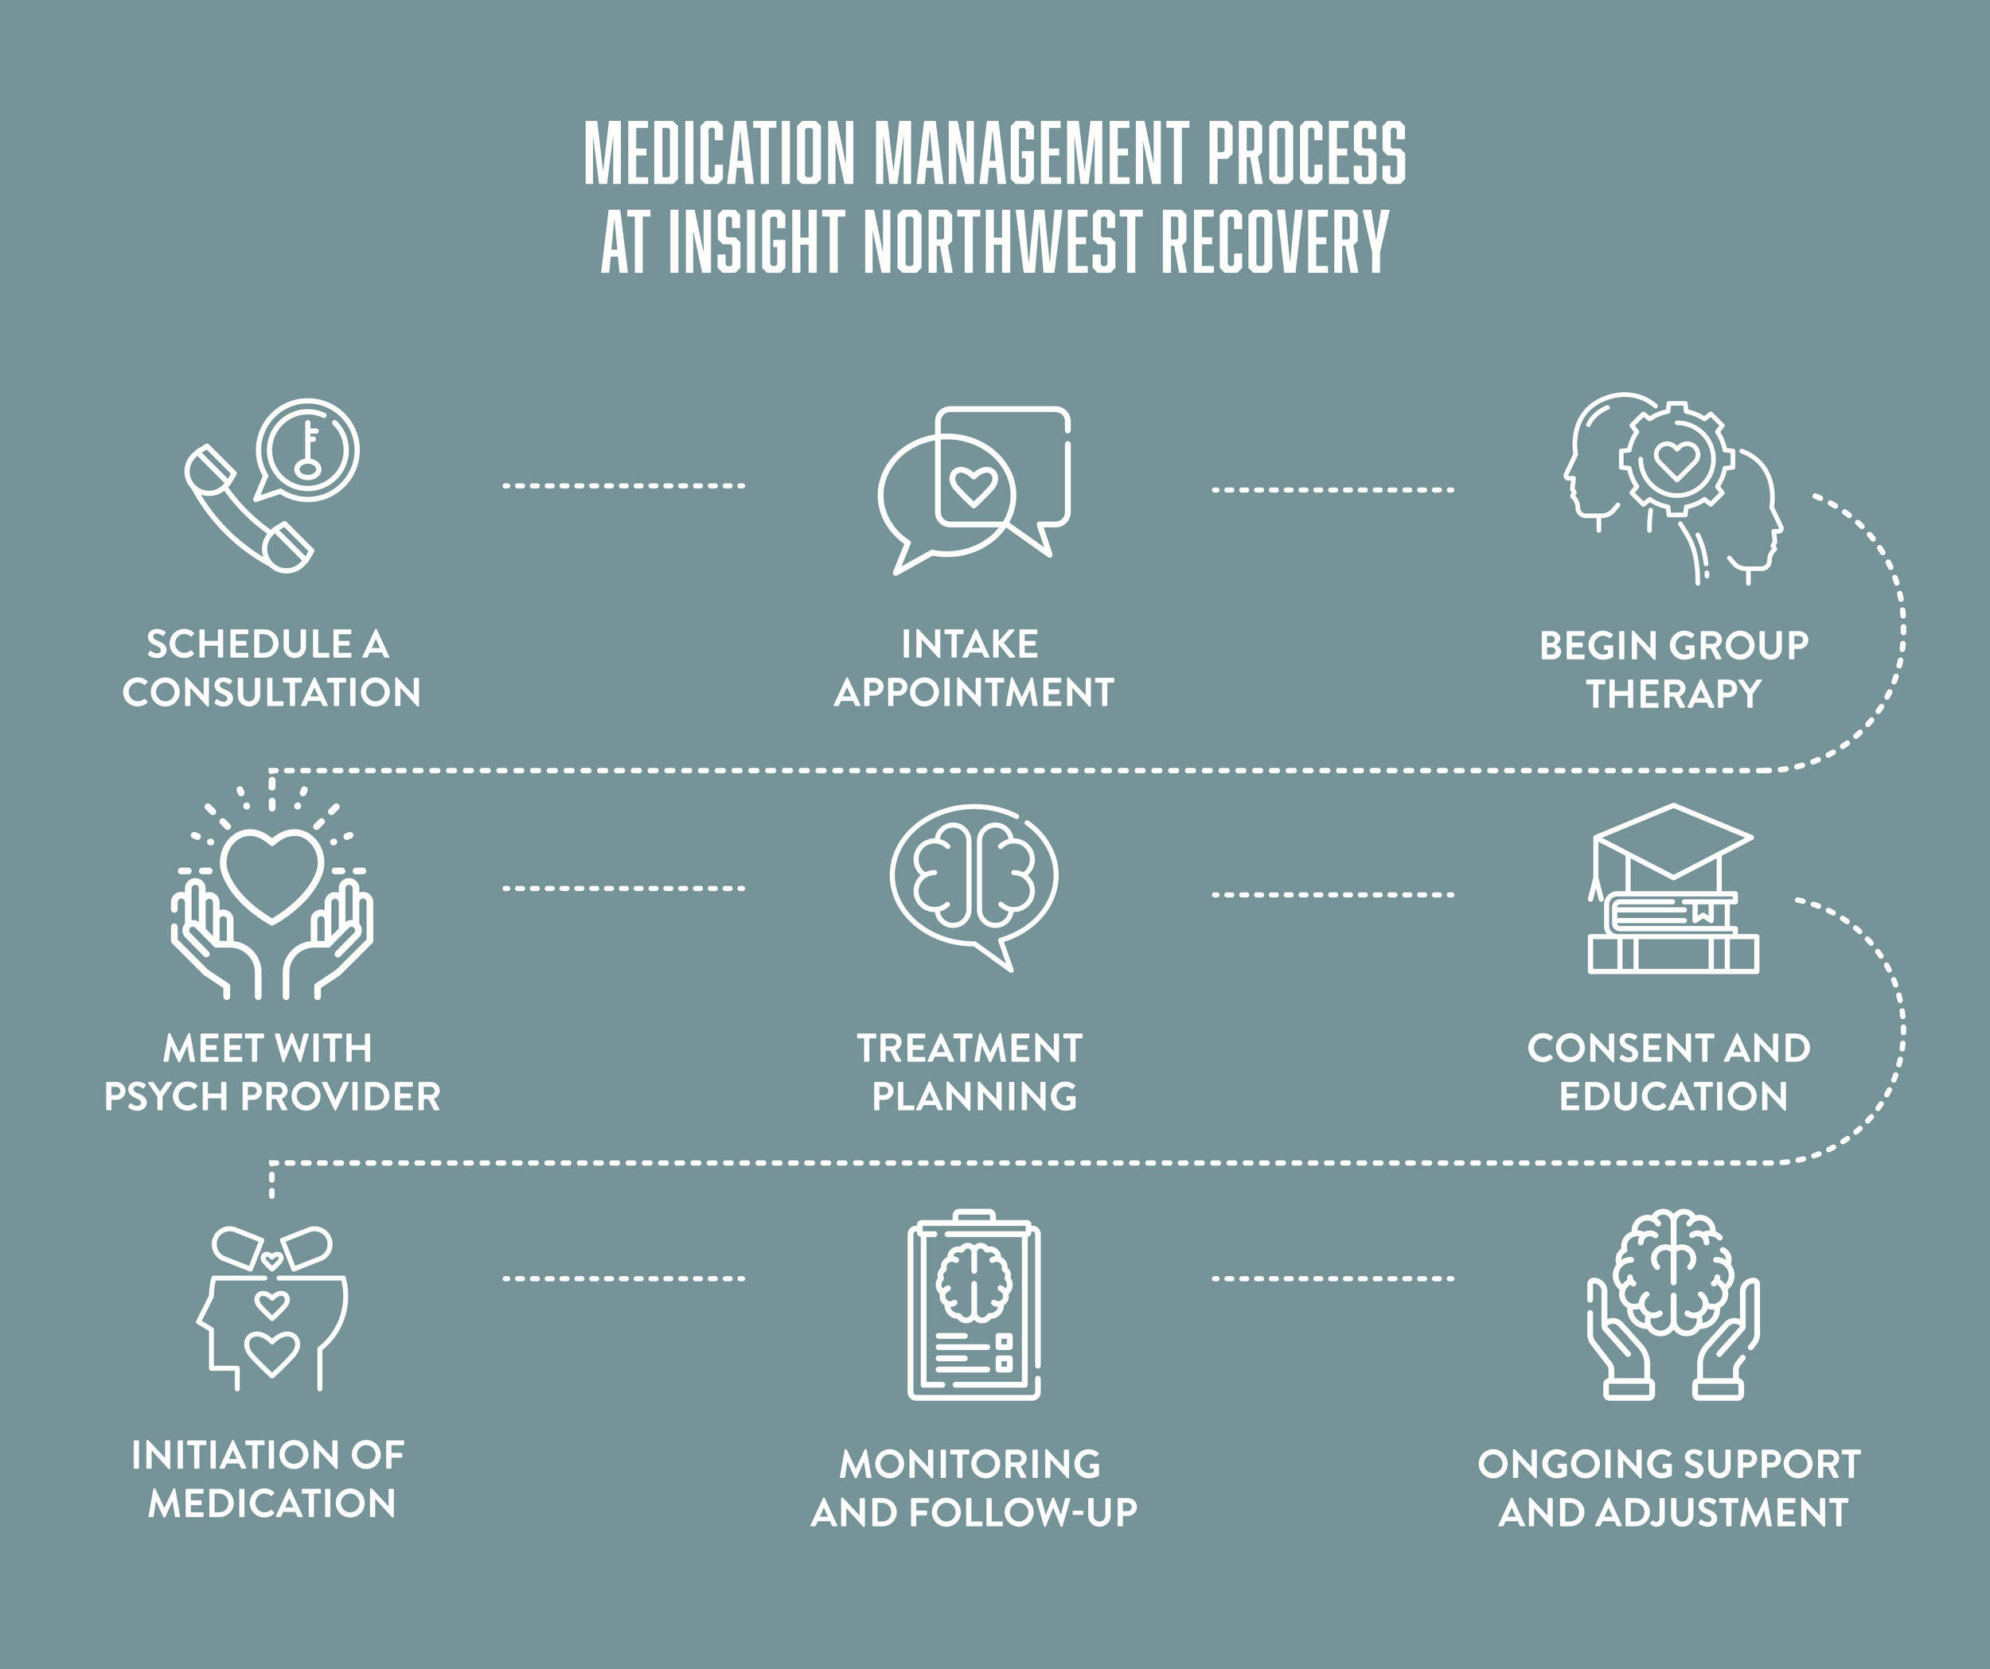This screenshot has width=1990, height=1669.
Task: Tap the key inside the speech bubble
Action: tap(307, 451)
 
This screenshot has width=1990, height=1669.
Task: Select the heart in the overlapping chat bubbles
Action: tap(974, 486)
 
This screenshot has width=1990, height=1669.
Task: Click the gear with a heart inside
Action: tap(1676, 459)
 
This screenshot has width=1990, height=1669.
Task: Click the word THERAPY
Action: tap(1673, 694)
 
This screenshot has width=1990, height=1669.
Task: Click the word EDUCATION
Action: tap(1673, 1097)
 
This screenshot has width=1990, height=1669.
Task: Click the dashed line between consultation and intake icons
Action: tap(623, 486)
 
